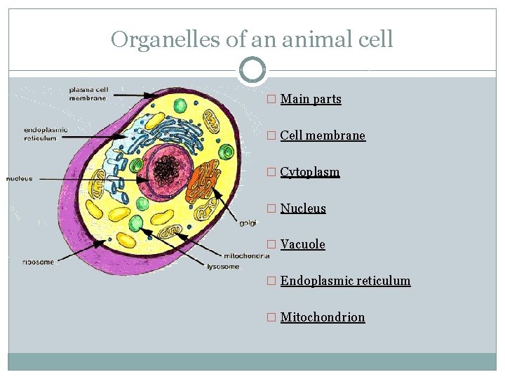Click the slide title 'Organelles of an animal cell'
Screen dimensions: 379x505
[252, 39]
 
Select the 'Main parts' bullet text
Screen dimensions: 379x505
[311, 99]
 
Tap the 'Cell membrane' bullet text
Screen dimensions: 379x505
[323, 135]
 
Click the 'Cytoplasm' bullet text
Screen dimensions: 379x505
[309, 172]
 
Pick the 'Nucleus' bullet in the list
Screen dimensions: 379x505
[303, 208]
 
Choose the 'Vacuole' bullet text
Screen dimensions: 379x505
[302, 244]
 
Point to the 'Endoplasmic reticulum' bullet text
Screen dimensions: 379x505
[345, 281]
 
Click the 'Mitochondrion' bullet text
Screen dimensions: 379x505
[323, 317]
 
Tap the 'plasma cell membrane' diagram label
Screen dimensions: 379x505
[88, 94]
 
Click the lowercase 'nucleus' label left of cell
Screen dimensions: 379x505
[20, 179]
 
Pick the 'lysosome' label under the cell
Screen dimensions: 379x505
[223, 267]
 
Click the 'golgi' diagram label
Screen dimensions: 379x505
[248, 223]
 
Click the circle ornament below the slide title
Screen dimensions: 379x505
[252, 70]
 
